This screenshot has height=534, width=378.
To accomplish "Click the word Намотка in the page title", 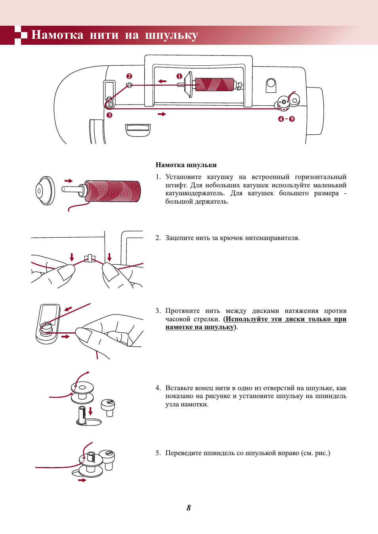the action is click(57, 35).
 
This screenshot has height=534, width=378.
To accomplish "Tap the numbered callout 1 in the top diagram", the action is click(179, 76).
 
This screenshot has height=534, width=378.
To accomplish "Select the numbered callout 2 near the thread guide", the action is click(129, 76).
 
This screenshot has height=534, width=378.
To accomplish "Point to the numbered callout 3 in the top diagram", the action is click(109, 115).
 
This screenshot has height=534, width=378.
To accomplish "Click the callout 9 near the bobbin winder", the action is click(292, 119).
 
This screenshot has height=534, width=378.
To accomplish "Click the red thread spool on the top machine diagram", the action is click(214, 84).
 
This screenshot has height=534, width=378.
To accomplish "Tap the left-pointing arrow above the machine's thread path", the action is click(162, 81).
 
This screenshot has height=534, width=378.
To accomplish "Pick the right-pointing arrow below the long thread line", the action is click(162, 114).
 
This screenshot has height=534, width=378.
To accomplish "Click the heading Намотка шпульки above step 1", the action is click(186, 165).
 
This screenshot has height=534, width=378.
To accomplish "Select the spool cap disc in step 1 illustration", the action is click(45, 191).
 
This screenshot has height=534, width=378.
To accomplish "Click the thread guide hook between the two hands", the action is click(90, 258).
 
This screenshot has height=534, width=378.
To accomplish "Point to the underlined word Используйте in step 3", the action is click(246, 319).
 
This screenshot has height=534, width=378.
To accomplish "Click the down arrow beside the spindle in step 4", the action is click(90, 411).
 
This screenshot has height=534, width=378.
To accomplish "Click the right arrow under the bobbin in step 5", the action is click(82, 480).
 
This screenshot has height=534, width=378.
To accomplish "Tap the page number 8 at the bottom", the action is click(189, 508).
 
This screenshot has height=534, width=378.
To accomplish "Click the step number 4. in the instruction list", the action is click(158, 388).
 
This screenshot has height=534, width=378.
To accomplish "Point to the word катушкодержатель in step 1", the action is click(195, 193).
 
